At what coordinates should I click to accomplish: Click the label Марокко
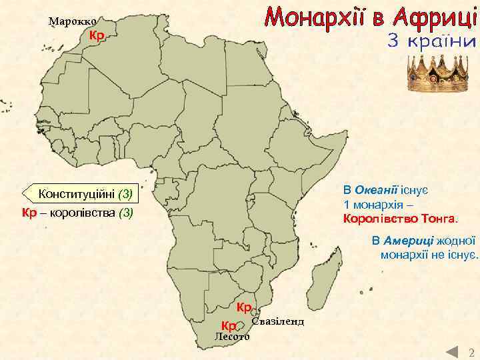[73, 21]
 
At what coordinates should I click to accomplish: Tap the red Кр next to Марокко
[97, 35]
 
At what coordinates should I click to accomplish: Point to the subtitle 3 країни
[432, 41]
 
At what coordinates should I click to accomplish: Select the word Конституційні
[77, 195]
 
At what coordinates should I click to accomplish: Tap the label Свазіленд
[278, 321]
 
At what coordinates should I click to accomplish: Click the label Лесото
[231, 337]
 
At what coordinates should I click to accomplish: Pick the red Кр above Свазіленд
[244, 307]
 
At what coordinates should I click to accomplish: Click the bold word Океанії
[377, 189]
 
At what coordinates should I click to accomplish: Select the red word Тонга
[441, 218]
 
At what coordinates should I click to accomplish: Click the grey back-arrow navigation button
[452, 352]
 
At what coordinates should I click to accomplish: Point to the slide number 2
[471, 352]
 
